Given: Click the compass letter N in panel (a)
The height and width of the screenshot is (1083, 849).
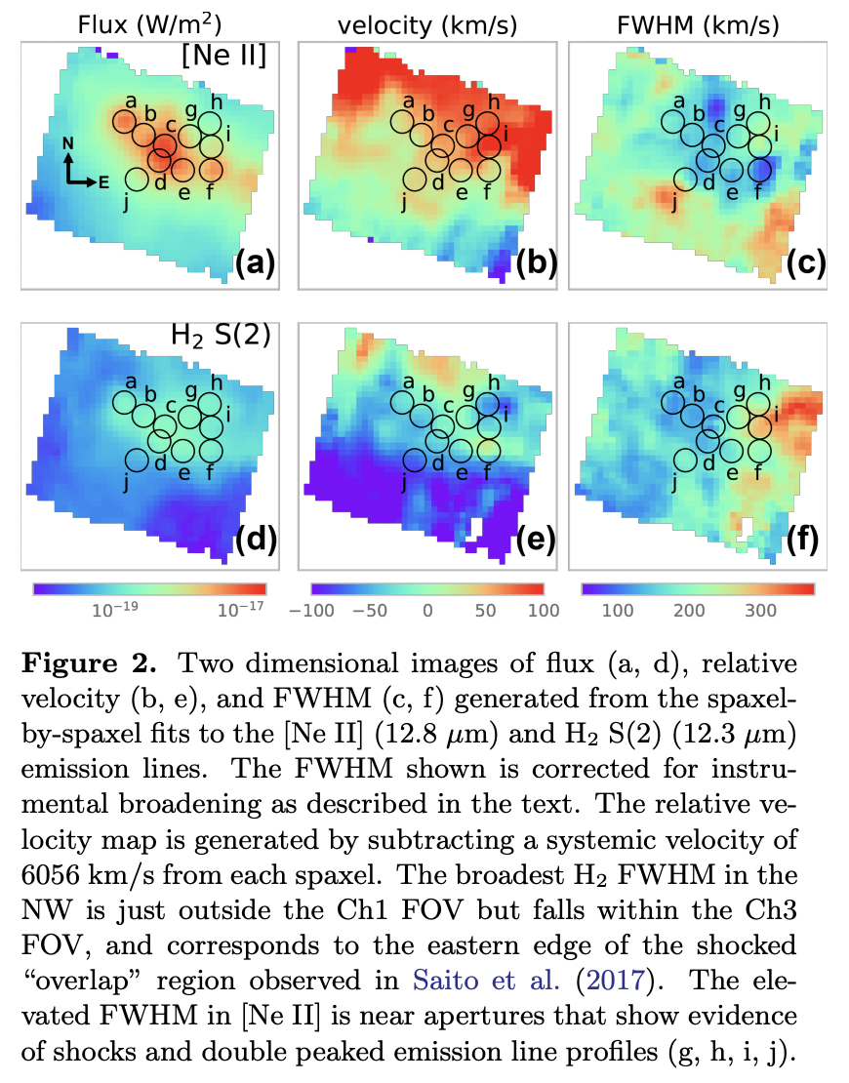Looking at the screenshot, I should coord(67,143).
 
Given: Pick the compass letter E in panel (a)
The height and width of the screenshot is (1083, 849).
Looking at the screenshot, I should coord(103,181).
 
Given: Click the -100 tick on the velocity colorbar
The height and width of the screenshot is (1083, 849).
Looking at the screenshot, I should coord(318,611).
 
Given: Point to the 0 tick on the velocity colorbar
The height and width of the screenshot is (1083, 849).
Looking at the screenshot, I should coord(427,611).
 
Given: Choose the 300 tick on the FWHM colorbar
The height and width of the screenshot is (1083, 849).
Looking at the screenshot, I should coord(760,611).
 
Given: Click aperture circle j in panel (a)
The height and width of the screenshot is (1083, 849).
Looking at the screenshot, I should coord(137,180).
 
